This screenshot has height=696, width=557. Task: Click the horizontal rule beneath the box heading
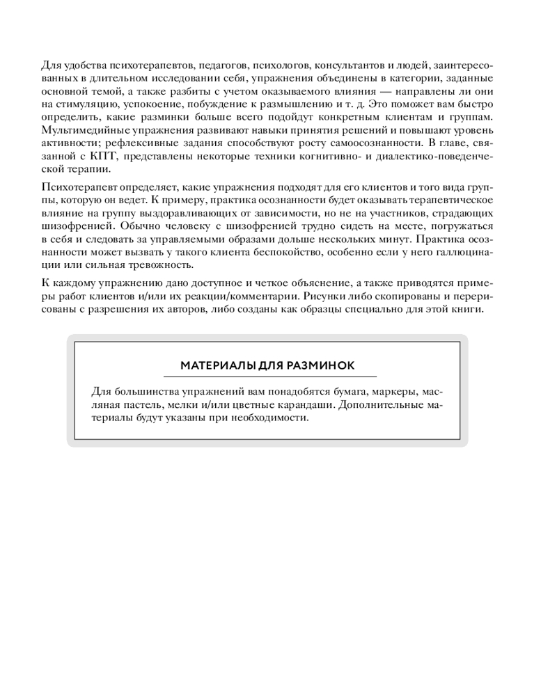[x=267, y=377]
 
